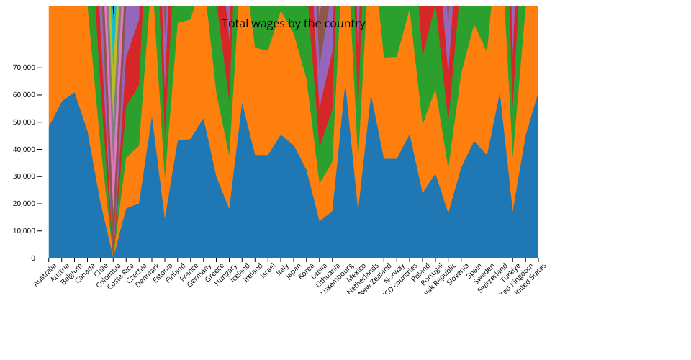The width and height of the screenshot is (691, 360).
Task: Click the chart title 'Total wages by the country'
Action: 294,24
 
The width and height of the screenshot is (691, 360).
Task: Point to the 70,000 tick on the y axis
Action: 25,68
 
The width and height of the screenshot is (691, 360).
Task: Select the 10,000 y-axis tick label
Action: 25,231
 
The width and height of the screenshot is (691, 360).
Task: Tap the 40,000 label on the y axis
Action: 25,149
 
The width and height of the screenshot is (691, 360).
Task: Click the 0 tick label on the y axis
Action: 33,258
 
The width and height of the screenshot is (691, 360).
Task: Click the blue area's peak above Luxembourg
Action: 345,84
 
